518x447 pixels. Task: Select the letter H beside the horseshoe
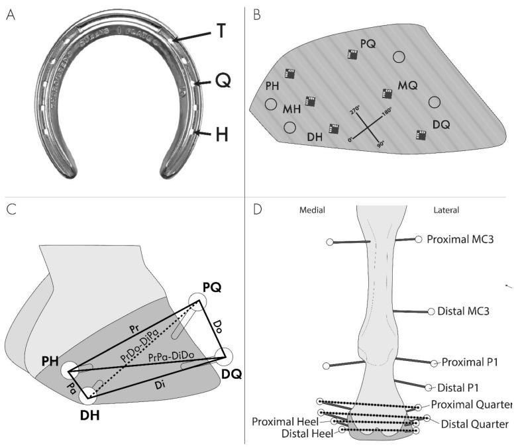point(222,134)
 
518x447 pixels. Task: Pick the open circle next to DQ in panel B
point(435,103)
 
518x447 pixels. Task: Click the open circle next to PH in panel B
point(270,105)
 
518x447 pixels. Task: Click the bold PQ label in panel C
point(212,287)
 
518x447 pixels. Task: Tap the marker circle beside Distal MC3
point(431,311)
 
